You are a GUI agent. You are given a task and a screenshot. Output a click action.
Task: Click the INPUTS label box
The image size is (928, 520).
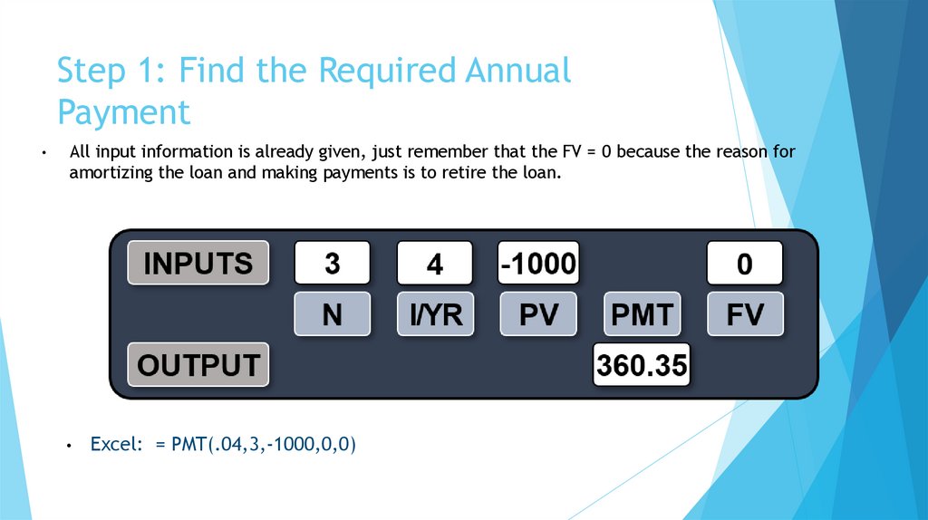coord(198,263)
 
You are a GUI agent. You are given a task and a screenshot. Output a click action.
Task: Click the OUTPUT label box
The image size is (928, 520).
coord(198,365)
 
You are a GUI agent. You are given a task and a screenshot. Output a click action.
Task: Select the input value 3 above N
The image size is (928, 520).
coord(332,264)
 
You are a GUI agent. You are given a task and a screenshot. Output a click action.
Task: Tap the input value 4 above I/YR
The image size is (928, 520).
coord(435,264)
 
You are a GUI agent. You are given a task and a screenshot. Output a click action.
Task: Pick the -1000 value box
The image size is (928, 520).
coord(537,264)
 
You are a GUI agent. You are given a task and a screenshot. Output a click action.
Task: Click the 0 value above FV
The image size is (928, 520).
coord(744,264)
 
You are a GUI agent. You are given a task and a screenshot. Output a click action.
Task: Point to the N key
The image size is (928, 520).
coord(332,314)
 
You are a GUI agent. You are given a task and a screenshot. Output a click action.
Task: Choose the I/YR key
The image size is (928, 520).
coord(435,314)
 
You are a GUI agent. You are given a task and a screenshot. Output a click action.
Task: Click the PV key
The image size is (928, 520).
coord(537,314)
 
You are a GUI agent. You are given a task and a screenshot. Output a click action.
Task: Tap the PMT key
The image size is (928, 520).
coord(641,314)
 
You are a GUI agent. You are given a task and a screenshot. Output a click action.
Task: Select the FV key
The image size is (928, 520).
coord(744,314)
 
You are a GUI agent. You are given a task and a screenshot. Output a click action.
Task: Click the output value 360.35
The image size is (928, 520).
coord(641,365)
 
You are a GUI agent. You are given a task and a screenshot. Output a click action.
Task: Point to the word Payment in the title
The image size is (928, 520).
coord(124,112)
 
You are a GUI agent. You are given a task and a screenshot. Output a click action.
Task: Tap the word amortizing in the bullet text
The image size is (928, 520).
coord(109,173)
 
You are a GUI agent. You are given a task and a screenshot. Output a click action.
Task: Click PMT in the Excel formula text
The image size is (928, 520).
coord(187,445)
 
